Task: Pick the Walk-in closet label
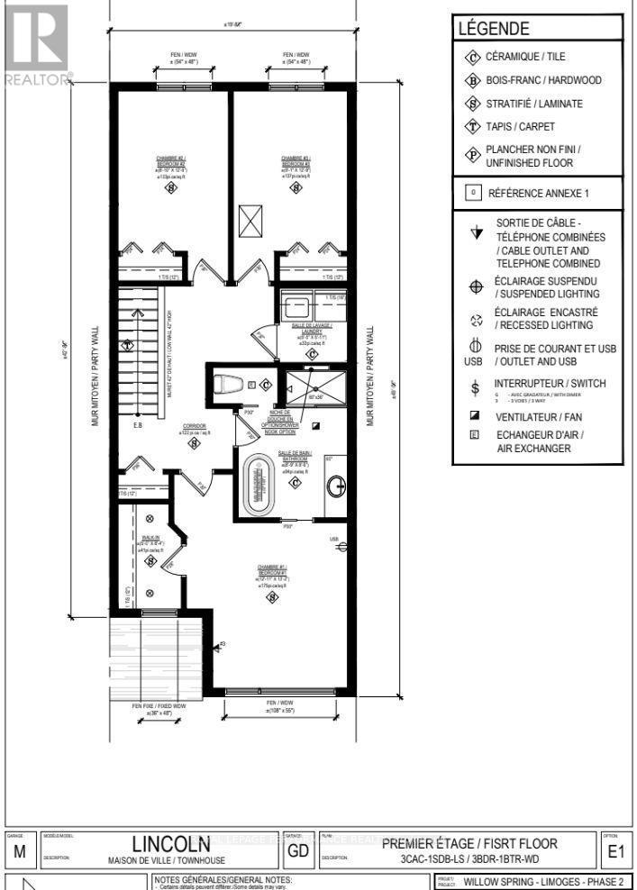(x=150, y=540)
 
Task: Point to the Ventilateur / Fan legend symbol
(x=475, y=417)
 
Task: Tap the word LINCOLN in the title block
(x=172, y=845)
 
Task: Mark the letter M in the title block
(x=20, y=850)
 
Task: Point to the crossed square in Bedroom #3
(x=249, y=220)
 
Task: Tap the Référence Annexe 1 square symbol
(x=471, y=192)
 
